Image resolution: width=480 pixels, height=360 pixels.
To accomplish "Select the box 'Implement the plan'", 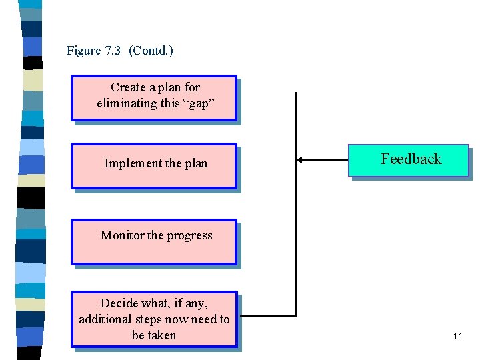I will point(154,166).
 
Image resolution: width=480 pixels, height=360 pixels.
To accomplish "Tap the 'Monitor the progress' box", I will point(154,242).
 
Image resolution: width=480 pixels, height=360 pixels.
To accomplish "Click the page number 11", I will point(457,336).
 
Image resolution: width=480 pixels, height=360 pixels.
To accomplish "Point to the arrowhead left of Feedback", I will point(300,160).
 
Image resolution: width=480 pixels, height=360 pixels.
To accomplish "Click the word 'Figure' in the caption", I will point(83,51).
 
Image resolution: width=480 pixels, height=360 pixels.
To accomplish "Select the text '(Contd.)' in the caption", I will point(151,51).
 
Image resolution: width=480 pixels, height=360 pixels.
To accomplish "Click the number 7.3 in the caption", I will point(113,51).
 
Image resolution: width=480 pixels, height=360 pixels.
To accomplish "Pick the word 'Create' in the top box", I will point(127,87).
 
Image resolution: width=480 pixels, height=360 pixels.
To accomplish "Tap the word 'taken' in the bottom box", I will point(162,335).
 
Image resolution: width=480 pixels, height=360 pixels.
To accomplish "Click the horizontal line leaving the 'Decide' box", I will point(267,314).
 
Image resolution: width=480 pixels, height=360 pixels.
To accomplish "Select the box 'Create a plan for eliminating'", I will point(154,98).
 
